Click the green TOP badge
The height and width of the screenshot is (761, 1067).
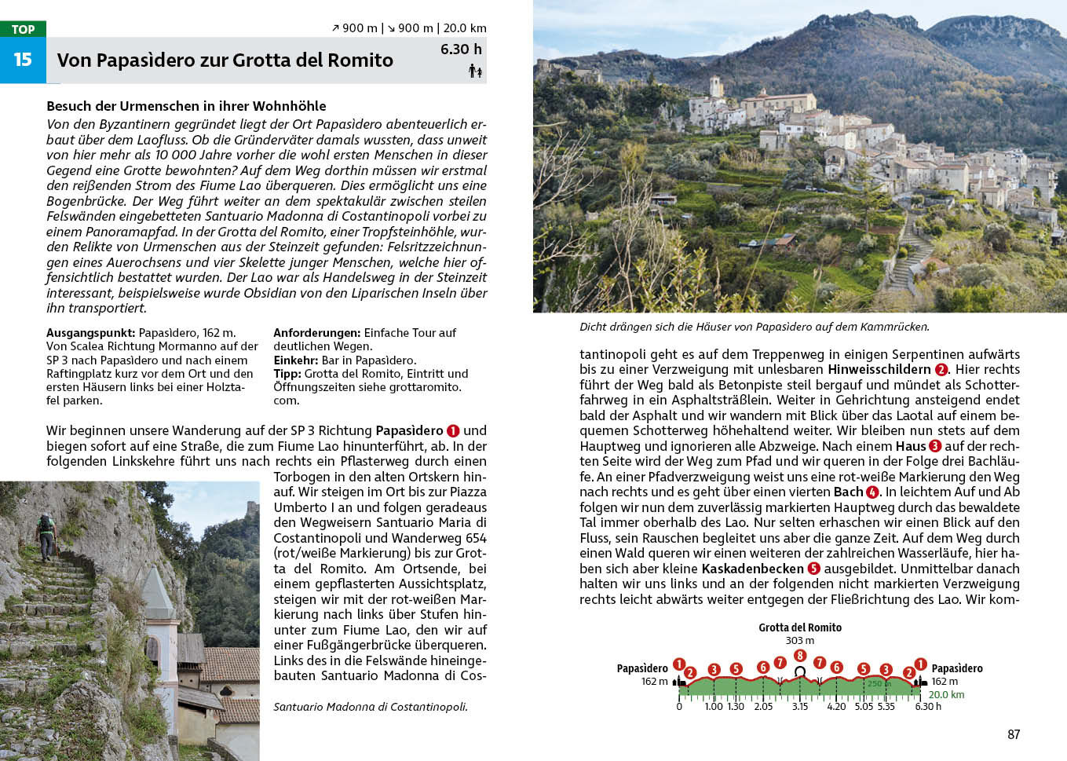[x=23, y=29]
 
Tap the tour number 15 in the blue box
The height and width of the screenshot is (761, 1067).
[x=23, y=60]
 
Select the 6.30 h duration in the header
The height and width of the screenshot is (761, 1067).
[x=461, y=49]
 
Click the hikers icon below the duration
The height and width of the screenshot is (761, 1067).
[x=475, y=71]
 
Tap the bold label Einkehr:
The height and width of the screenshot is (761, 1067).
[x=295, y=360]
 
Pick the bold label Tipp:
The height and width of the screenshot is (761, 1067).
[x=287, y=374]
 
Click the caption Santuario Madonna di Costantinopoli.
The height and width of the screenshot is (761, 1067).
[x=370, y=707]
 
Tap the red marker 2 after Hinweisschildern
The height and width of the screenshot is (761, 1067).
[x=941, y=370]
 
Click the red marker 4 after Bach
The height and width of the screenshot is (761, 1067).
[x=872, y=492]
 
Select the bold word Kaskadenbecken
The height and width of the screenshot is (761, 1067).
[x=752, y=569]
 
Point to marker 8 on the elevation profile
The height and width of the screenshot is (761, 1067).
[x=800, y=656]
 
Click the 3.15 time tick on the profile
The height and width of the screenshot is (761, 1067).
[x=800, y=706]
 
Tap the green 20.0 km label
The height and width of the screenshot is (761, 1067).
[x=946, y=695]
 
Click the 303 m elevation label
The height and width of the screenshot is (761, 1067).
[x=800, y=641]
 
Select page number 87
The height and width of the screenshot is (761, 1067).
[x=1014, y=734]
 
